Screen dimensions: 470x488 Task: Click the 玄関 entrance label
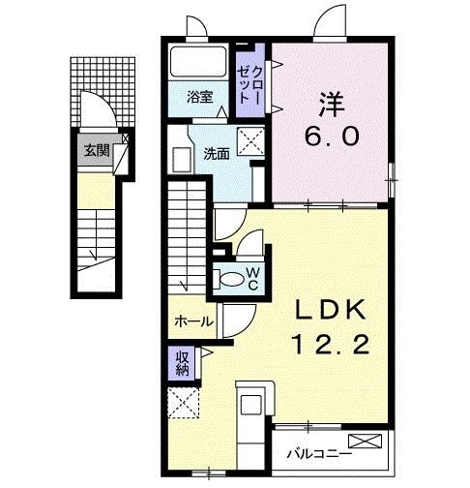97,150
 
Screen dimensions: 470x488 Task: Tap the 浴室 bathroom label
200,97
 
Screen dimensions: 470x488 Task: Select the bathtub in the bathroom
198,62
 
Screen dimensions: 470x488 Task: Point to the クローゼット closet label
250,84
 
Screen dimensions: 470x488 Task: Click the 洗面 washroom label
216,155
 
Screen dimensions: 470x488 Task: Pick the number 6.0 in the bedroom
332,136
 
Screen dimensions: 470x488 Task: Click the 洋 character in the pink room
332,105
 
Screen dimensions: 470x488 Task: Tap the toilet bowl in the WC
231,279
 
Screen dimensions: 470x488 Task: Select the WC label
253,279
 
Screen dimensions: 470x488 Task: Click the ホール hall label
193,321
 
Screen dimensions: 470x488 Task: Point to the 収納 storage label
182,362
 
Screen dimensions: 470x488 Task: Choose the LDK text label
331,310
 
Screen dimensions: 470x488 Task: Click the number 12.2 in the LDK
331,344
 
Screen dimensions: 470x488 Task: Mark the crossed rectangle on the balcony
365,441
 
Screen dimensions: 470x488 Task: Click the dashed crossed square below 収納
184,403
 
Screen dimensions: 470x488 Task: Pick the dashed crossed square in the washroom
250,141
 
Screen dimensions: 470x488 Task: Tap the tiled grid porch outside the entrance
103,92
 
